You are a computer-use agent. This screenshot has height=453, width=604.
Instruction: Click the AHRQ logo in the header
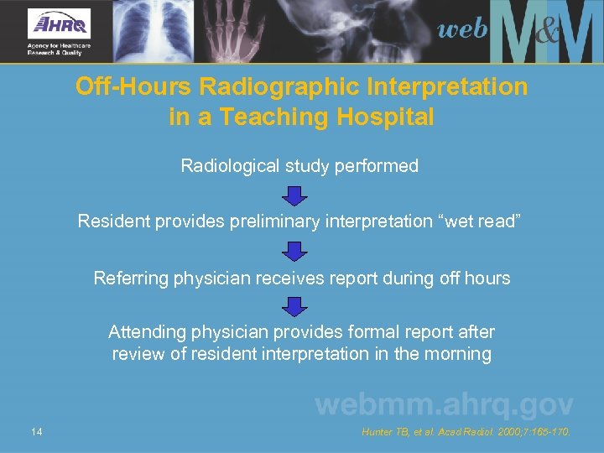coord(59,31)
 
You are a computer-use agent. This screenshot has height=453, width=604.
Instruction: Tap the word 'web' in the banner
coord(462,30)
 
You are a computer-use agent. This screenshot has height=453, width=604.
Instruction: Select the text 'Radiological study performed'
coord(299,166)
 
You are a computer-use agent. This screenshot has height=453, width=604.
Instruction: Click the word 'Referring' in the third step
coord(130,278)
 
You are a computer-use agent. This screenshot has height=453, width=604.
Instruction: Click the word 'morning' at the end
coord(458,354)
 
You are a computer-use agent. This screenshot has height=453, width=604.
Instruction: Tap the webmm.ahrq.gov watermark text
coord(444,405)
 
